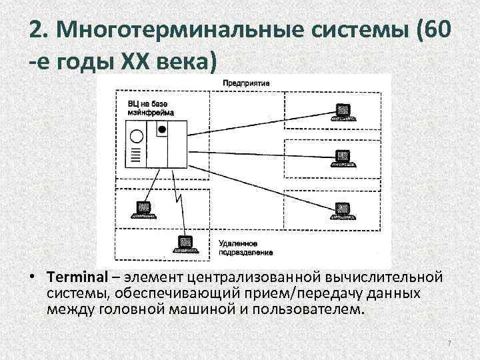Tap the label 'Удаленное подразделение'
(237, 248)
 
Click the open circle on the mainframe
(136, 138)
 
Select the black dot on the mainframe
(162, 133)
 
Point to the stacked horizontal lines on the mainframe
(136, 157)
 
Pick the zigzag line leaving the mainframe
(177, 193)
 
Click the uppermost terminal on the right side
(344, 111)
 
